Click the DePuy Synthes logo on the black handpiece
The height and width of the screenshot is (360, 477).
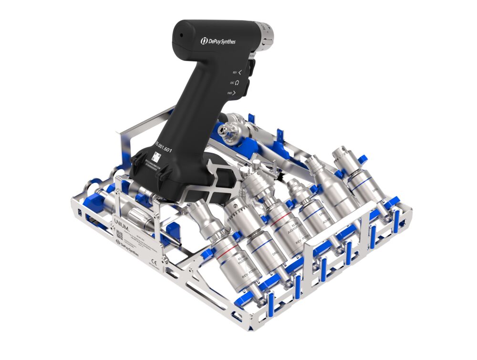coord(218,41)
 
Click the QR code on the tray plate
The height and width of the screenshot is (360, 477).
coord(119,235)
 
